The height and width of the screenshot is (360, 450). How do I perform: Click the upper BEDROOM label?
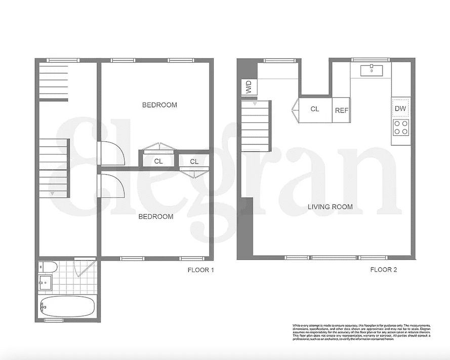[159, 105]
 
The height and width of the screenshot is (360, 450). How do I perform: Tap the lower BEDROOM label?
[156, 217]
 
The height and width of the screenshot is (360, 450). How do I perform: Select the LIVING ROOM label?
[330, 207]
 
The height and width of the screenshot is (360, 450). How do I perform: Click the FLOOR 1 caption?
[201, 270]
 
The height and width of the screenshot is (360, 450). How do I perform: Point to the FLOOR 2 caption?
[384, 270]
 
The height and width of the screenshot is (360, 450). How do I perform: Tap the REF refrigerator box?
[341, 110]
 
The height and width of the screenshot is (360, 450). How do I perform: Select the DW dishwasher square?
[400, 108]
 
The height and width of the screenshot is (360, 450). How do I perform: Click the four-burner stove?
[401, 128]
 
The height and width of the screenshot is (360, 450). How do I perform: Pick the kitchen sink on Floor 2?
[372, 70]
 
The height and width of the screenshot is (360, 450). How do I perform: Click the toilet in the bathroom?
[45, 267]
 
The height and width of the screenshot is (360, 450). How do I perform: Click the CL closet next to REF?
[315, 109]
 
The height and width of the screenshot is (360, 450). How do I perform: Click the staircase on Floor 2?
[256, 127]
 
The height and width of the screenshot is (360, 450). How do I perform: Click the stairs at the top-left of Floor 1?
[53, 81]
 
